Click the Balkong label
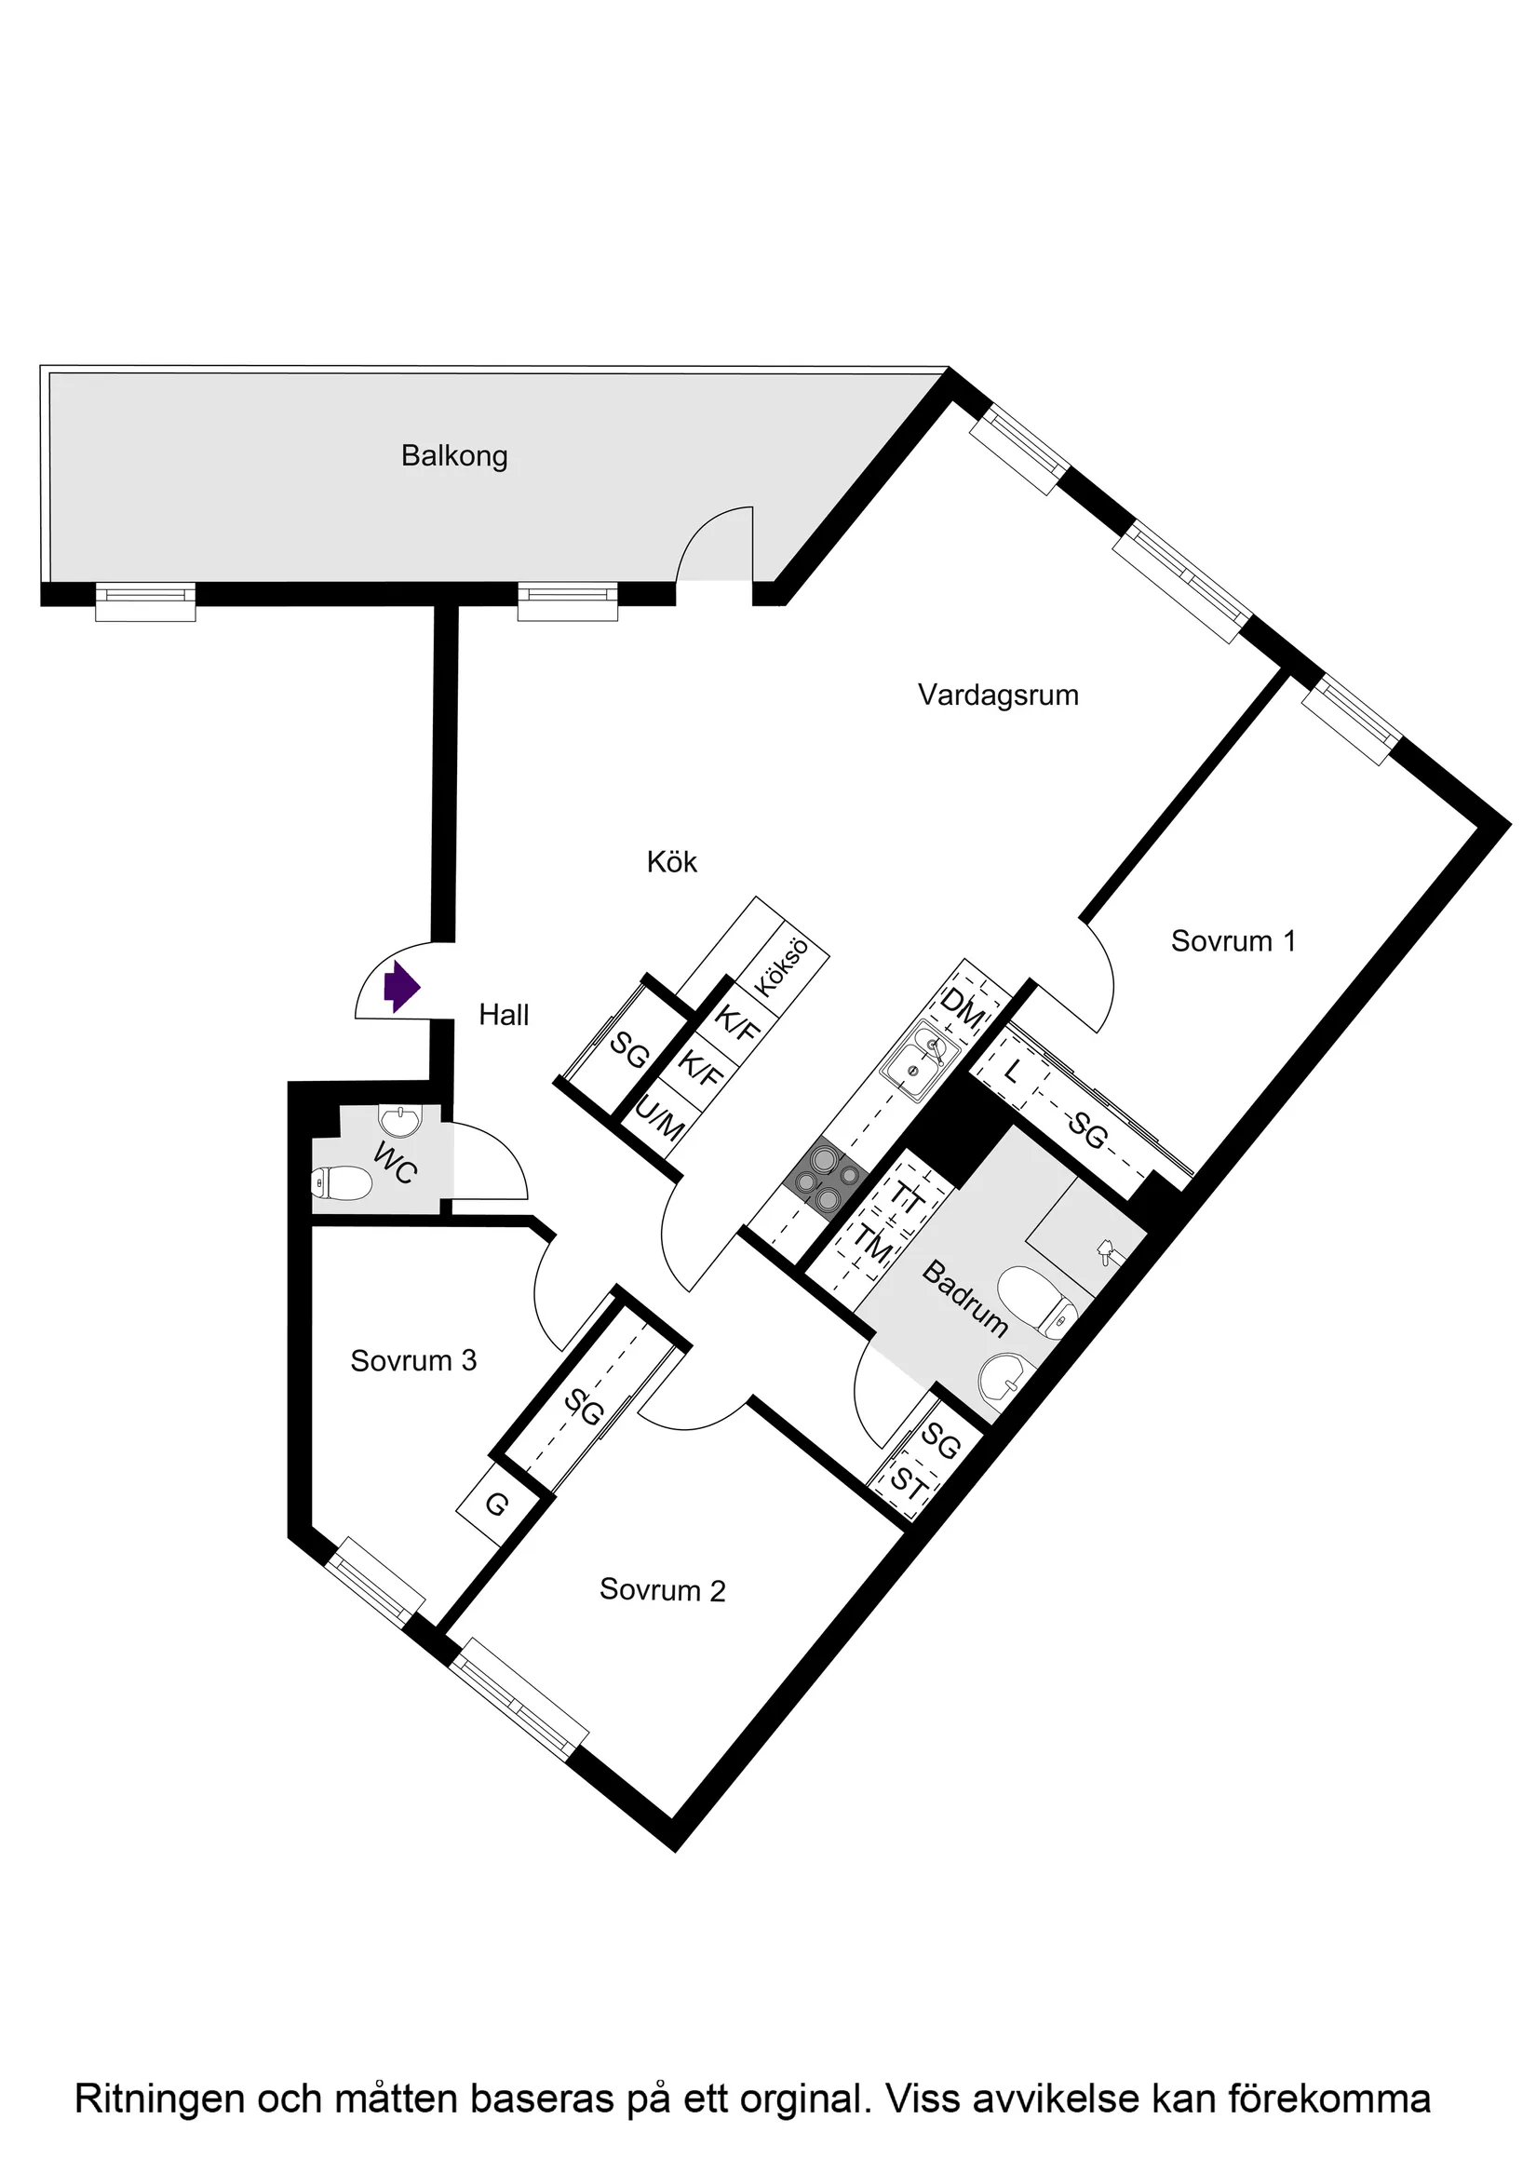coord(454,456)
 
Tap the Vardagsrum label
coord(998,695)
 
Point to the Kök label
coord(672,862)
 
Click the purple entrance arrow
coord(401,987)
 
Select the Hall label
coord(504,1016)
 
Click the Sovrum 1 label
coord(1233,941)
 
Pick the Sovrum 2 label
coord(662,1590)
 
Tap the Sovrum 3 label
coord(413,1361)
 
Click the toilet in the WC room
coord(341,1182)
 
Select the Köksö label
coord(782,966)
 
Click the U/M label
coord(659,1120)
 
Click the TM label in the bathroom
coord(871,1244)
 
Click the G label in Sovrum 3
coord(497,1504)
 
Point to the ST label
coord(908,1483)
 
